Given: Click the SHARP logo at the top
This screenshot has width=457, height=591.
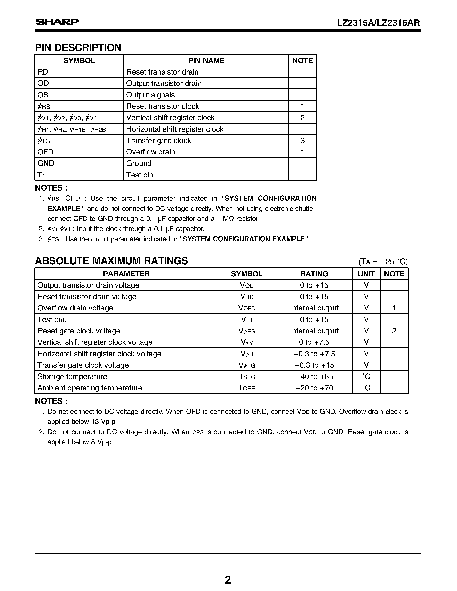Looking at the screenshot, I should (x=57, y=22).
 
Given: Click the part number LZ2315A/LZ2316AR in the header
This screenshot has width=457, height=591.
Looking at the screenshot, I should (x=378, y=23).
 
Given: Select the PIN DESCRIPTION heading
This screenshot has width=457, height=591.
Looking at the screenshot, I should (x=78, y=48).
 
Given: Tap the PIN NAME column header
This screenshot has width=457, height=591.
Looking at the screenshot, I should (x=206, y=61).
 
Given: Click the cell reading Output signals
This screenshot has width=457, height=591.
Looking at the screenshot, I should (x=150, y=95).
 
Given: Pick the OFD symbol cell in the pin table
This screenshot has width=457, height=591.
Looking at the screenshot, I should (x=45, y=152).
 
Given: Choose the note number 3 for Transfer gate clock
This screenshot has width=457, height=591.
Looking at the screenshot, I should (x=302, y=141).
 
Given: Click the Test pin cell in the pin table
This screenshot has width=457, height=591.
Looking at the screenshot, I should (x=140, y=175).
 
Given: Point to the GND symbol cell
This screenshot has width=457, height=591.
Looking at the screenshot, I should (x=46, y=163).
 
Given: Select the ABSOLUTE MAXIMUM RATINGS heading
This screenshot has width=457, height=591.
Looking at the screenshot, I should (x=111, y=261).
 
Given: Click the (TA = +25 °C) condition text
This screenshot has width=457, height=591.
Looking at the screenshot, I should (x=383, y=262).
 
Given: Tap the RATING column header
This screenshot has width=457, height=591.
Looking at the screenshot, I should (x=314, y=274).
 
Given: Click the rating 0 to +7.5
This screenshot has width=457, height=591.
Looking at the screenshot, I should (x=314, y=342).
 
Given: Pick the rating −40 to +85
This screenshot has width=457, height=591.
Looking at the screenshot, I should (x=314, y=376).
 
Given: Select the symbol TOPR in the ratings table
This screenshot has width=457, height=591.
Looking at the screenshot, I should (x=247, y=388).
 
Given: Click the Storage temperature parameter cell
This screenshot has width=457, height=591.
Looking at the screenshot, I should (x=72, y=376).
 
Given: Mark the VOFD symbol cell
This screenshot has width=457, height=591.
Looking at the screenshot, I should (x=247, y=308).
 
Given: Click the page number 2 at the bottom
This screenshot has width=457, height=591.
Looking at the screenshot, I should (x=228, y=580).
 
